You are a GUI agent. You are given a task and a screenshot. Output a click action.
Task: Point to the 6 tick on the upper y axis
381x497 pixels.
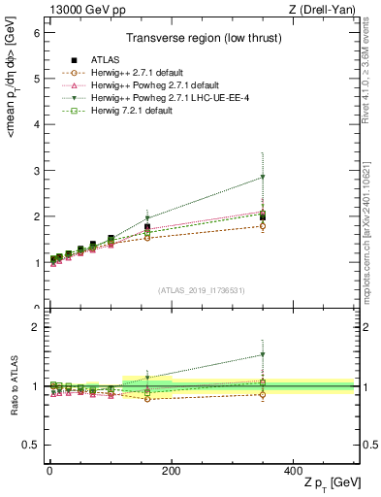coord(38,32)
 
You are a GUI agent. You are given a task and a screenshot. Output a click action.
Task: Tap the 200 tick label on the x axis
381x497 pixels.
coord(171,470)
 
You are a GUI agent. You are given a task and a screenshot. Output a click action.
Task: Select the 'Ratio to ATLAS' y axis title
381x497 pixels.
coord(13,386)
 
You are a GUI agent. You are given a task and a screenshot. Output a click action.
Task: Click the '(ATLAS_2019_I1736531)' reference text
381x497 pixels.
coord(202,290)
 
